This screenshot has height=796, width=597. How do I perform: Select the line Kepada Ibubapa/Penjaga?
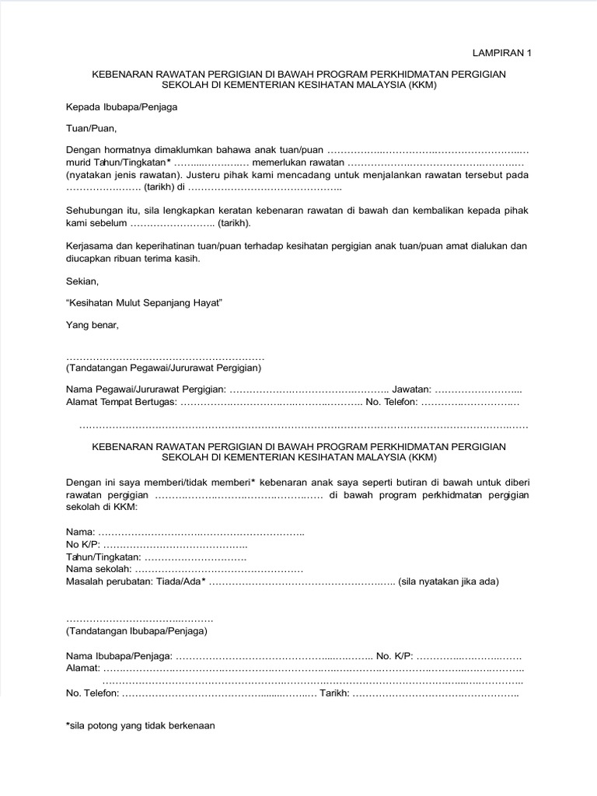pos(122,106)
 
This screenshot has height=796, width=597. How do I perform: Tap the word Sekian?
pos(82,281)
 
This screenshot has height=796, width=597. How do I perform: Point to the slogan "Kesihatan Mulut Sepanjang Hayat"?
pos(145,302)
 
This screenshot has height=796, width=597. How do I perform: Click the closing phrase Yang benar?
pos(93,324)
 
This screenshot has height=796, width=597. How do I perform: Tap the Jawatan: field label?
pos(411,389)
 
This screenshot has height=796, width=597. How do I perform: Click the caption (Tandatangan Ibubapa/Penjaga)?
pos(136,631)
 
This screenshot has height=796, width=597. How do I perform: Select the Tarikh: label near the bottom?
pos(334,693)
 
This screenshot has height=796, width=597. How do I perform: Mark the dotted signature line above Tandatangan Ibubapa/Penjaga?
pos(139,620)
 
